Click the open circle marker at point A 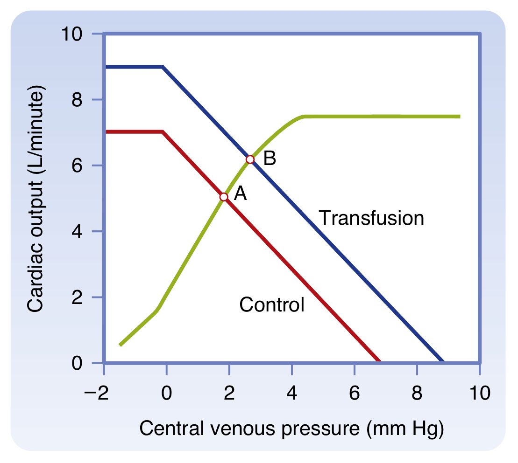tap(224, 197)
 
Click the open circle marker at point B tap(250, 159)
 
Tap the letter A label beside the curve tap(240, 193)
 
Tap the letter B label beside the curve tap(270, 159)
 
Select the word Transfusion tap(371, 218)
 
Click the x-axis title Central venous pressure tap(291, 428)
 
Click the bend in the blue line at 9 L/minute tap(163, 67)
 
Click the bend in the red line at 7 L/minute tap(163, 132)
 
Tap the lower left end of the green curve tap(121, 345)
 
